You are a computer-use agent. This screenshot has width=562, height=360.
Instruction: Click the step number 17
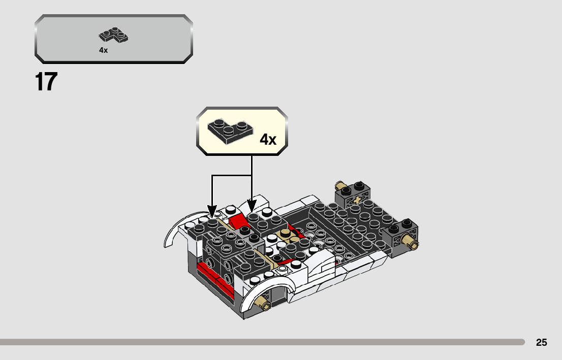pyautogui.click(x=46, y=82)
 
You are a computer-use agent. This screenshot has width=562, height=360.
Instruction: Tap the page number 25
pyautogui.click(x=541, y=343)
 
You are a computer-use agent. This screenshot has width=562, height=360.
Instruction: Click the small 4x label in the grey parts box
pyautogui.click(x=103, y=50)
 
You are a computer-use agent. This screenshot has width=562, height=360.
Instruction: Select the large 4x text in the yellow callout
pyautogui.click(x=268, y=140)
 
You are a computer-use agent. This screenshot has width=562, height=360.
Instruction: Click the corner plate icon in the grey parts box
pyautogui.click(x=113, y=35)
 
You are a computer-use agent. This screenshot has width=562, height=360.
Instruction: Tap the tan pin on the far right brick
pyautogui.click(x=410, y=242)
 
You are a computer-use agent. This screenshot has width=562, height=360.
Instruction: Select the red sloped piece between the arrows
pyautogui.click(x=237, y=222)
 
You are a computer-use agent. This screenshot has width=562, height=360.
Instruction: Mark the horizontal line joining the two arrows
pyautogui.click(x=231, y=176)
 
